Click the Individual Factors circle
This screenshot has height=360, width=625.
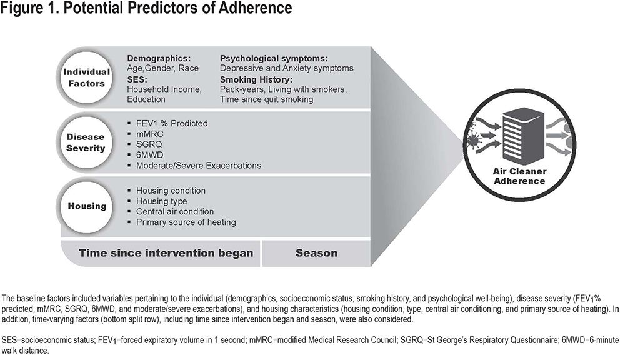(86, 77)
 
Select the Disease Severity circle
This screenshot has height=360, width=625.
(86, 142)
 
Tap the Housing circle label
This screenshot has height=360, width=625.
(87, 206)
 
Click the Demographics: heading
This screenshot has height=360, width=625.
(159, 59)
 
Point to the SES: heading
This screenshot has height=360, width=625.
(137, 79)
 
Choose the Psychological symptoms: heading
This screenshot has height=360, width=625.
(274, 59)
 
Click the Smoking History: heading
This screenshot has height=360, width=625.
(256, 79)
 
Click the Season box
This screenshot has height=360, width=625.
(316, 253)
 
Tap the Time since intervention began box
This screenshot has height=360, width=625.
(161, 253)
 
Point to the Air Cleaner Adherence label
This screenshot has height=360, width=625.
(519, 176)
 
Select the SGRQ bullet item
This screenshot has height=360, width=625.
(149, 144)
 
